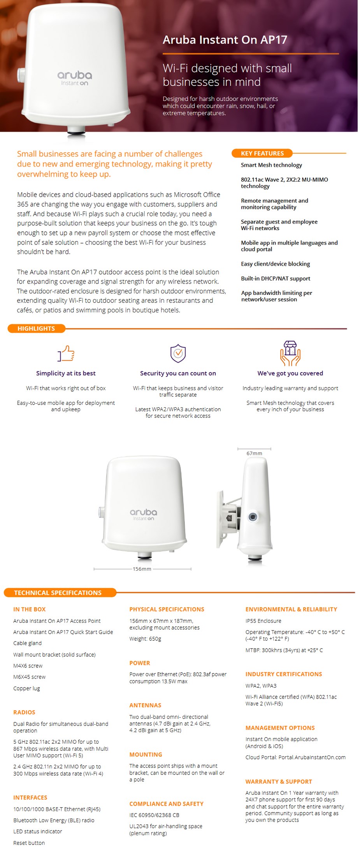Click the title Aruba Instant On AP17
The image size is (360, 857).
click(x=225, y=40)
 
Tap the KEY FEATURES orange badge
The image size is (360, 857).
click(x=262, y=153)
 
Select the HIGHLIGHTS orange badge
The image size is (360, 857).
click(x=36, y=328)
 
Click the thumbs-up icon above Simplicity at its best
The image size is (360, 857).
click(x=66, y=353)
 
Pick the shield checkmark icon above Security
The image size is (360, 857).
click(x=178, y=353)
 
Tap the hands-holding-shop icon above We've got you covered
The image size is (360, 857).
click(x=290, y=353)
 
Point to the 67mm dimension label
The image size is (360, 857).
click(x=254, y=453)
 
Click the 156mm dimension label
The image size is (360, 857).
click(x=142, y=569)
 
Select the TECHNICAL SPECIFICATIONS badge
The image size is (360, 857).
click(x=58, y=592)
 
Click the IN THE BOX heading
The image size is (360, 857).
click(x=30, y=609)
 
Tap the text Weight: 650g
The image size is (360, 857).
click(x=145, y=639)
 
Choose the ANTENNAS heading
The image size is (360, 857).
click(x=145, y=705)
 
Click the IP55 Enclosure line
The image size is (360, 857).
click(x=263, y=621)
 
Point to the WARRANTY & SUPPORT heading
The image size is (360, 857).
click(x=279, y=782)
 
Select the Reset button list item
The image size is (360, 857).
click(x=29, y=843)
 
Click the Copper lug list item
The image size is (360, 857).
click(x=26, y=688)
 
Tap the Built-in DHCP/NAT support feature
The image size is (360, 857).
click(x=276, y=279)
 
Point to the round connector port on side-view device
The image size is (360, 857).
click(x=253, y=517)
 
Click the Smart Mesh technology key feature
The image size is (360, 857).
click(x=271, y=165)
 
